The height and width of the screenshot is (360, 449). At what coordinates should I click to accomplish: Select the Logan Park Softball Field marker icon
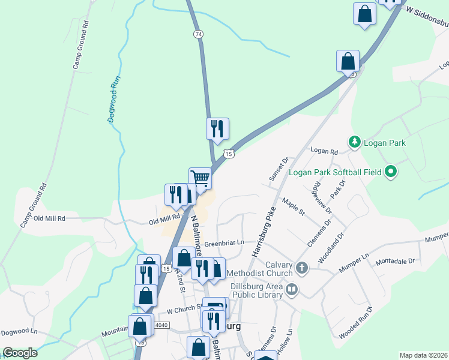[x=391, y=172]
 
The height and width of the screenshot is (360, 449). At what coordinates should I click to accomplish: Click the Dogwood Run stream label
[x=115, y=99]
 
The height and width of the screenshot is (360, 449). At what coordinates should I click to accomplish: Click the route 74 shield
[x=198, y=34]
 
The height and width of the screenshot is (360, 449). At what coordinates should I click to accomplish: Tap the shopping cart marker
[x=200, y=178]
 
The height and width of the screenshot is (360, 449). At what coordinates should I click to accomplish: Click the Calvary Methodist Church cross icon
[x=301, y=268]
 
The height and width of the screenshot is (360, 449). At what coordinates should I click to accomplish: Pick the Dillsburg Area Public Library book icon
[x=292, y=290]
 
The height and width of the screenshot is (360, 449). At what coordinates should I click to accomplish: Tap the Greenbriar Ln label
[x=224, y=244]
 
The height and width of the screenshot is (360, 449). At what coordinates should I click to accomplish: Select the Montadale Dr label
[x=395, y=262]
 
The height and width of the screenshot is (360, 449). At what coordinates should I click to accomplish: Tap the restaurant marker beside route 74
[x=217, y=128]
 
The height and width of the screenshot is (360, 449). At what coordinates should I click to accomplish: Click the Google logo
[x=20, y=353]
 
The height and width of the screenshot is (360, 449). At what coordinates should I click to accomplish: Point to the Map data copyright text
[x=423, y=355]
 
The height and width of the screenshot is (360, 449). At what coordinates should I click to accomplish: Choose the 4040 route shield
[x=161, y=325]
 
